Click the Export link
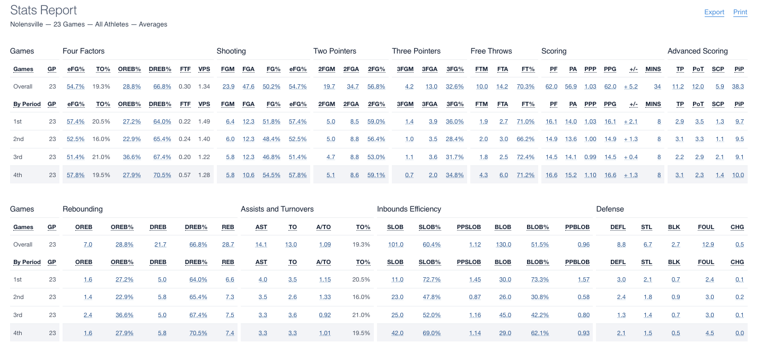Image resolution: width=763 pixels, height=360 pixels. (x=714, y=12)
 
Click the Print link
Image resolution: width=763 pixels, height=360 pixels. (x=740, y=12)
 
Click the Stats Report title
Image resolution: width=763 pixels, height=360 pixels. (x=43, y=10)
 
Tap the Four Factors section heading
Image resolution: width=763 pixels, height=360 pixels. (x=83, y=51)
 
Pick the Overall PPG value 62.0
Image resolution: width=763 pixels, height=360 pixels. (x=610, y=86)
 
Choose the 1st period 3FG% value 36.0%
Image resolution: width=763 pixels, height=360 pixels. (x=454, y=121)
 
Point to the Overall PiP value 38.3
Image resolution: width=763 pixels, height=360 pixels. (x=738, y=86)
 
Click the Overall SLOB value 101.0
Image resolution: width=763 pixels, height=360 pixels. (x=396, y=244)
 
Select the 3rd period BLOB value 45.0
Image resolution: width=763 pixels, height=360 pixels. (x=505, y=315)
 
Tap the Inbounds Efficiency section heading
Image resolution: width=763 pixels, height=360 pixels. (x=409, y=209)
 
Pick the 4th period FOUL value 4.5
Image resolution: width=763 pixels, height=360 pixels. (x=709, y=333)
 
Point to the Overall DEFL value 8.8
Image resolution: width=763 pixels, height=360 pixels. (x=621, y=244)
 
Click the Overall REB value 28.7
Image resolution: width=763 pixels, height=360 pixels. (x=228, y=244)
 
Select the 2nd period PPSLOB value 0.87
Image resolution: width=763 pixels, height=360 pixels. (x=475, y=297)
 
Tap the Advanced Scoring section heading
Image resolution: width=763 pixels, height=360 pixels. (x=697, y=51)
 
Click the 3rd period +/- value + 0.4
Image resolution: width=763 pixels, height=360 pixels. (x=631, y=157)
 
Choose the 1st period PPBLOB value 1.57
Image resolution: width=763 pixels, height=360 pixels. (x=583, y=279)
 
